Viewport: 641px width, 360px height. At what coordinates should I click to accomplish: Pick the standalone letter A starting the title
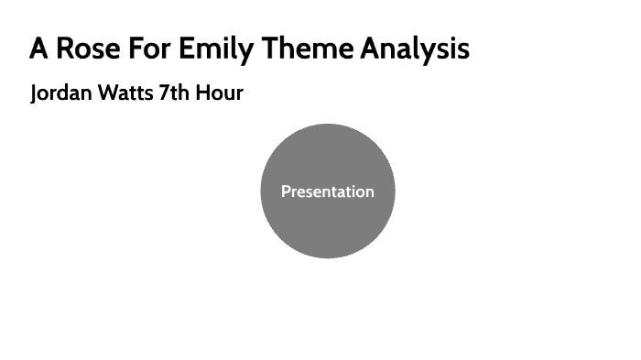coord(38,49)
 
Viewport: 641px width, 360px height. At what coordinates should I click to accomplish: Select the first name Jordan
coord(60,93)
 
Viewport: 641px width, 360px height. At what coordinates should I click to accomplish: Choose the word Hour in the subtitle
coord(220,93)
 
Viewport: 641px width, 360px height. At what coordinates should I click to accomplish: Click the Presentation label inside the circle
coord(327,191)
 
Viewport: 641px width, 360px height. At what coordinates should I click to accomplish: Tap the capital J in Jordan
coord(34,94)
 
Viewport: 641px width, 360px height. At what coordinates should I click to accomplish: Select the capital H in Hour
coord(203,93)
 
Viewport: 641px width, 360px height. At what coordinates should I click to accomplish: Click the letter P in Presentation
coord(286,191)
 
